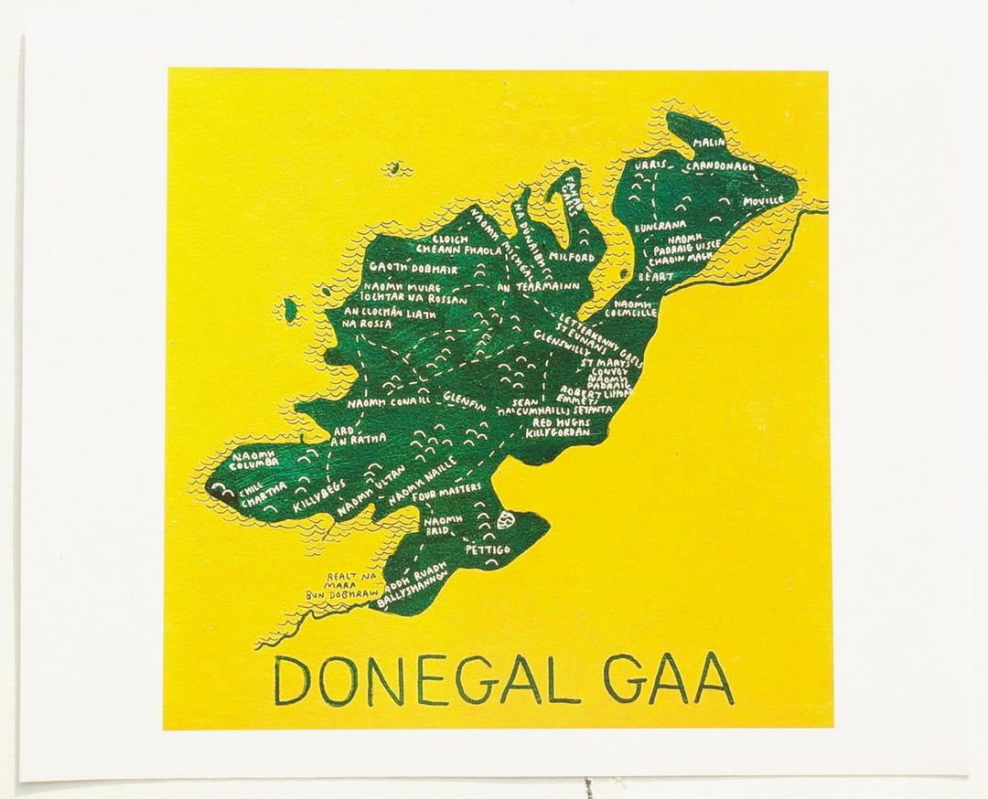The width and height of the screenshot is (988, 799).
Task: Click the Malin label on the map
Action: [708, 144]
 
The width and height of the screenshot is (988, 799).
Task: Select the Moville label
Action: [763, 199]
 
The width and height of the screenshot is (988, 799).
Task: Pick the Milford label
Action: [574, 258]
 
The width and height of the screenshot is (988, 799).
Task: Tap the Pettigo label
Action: [486, 551]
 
